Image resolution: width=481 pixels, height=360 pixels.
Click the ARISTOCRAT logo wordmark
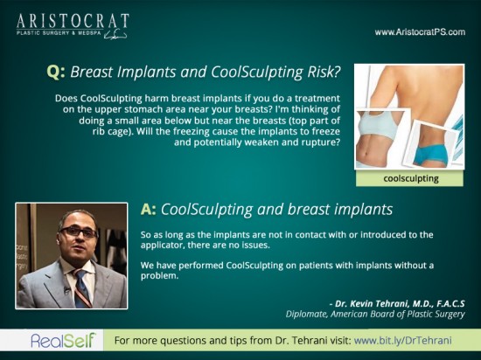(73, 21)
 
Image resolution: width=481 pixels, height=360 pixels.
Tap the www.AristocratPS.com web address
(420, 32)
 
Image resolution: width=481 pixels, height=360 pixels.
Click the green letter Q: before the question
(56, 73)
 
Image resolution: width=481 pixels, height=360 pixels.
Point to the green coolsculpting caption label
(409, 178)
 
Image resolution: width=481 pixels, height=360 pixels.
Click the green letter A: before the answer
(148, 210)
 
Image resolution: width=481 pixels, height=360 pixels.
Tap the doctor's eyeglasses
(79, 232)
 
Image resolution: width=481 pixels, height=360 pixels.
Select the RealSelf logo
(64, 340)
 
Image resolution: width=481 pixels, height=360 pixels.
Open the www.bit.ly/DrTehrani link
(403, 341)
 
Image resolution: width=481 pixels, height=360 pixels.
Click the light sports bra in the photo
(380, 125)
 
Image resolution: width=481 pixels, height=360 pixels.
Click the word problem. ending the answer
(159, 276)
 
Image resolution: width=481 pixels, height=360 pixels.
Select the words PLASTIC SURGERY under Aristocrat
(43, 33)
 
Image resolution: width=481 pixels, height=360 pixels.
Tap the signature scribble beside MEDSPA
(115, 35)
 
